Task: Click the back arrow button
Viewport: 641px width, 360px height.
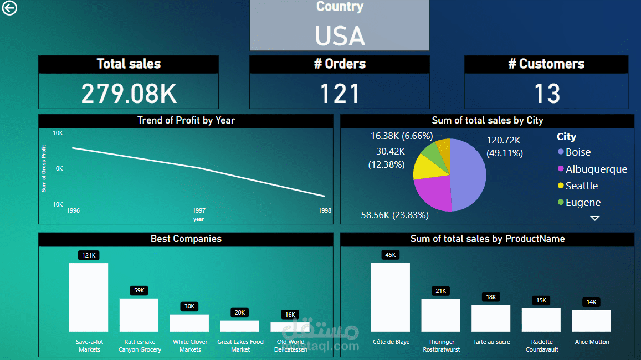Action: (x=9, y=8)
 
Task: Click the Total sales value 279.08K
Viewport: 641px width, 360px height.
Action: (x=129, y=93)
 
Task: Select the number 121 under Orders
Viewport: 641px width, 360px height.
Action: (x=340, y=93)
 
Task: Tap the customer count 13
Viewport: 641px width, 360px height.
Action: (x=546, y=93)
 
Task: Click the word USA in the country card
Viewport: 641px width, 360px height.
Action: (x=340, y=36)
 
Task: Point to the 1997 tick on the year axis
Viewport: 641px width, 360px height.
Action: (x=199, y=211)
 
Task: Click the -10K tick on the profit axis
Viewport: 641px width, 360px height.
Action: (x=57, y=204)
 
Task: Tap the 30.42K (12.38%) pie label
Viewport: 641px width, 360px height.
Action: (x=386, y=158)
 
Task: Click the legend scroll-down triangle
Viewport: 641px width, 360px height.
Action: (x=594, y=218)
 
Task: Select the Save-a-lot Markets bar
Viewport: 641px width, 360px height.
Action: (x=89, y=297)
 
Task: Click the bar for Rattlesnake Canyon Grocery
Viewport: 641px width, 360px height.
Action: (x=139, y=315)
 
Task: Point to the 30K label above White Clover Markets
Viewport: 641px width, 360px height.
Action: (x=189, y=306)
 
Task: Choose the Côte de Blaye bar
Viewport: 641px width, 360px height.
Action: (x=390, y=297)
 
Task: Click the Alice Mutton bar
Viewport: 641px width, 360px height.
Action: (x=591, y=321)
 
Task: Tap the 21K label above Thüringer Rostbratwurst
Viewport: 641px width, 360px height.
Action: (x=440, y=291)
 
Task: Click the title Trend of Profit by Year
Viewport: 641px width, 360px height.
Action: (x=186, y=120)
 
